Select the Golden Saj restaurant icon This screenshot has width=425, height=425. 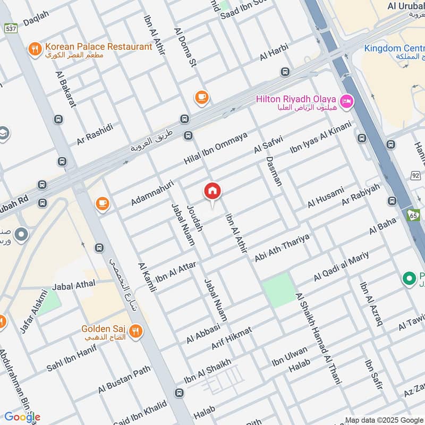[x=135, y=332]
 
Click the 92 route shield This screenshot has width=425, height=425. [x=415, y=175]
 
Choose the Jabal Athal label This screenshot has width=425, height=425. [x=74, y=286]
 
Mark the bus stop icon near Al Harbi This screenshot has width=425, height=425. [x=285, y=72]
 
